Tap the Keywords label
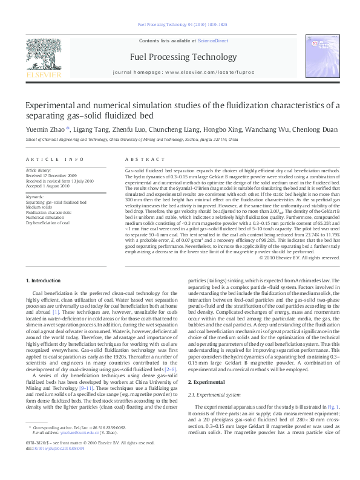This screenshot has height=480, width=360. click(x=35, y=196)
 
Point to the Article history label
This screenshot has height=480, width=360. click(x=39, y=171)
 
